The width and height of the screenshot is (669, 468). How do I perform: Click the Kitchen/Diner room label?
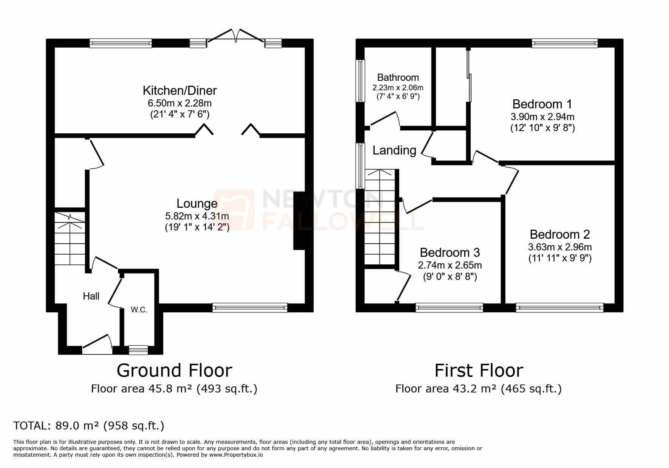coord(179,91)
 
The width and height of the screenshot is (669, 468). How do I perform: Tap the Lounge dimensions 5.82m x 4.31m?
coord(197,216)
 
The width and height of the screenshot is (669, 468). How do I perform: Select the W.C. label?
coord(139,310)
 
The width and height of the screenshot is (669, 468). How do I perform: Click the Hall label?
coord(91,296)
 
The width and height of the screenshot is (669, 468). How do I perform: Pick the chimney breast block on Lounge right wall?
coord(299,221)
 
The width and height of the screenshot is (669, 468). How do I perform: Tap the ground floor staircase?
coord(70,238)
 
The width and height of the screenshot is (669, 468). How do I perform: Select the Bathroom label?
coord(398,77)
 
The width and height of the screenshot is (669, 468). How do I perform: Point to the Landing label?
coord(394,150)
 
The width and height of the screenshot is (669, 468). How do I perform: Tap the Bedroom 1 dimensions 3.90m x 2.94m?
coord(542,117)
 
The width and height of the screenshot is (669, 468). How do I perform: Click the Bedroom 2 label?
coord(559,234)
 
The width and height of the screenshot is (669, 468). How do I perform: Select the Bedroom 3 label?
coord(450,252)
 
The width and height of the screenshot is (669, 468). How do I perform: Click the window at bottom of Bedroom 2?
coord(559,308)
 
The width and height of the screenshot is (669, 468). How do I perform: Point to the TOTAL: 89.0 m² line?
coord(89,426)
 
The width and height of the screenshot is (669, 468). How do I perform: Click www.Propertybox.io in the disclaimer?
coord(236,455)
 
